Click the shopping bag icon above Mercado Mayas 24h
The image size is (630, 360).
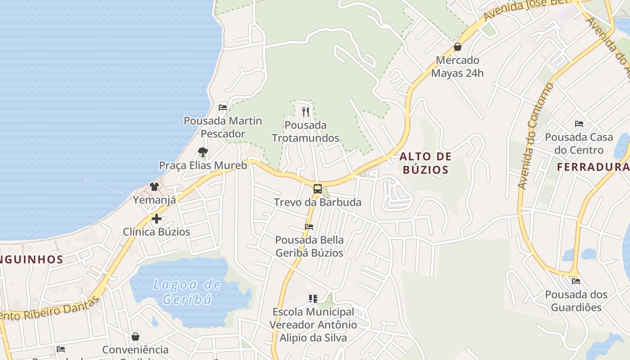458,47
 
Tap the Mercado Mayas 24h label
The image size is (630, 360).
458,67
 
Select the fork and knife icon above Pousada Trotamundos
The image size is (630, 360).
306,112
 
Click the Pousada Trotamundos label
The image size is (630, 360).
306,131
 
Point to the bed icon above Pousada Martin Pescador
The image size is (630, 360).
223,108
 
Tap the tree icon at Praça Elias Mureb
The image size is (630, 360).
203,152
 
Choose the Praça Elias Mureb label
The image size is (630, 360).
203,166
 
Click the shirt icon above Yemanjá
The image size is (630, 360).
154,187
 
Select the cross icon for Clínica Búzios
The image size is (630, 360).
157,219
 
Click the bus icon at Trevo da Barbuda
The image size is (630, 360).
318,189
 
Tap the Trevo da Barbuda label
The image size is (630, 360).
318,202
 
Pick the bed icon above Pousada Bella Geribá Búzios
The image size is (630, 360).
309,227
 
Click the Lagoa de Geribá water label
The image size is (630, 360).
187,292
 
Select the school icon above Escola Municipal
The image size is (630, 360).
313,298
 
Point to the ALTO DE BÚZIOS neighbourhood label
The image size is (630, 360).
425,163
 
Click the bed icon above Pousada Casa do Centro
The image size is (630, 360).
579,124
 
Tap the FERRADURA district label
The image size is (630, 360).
593,167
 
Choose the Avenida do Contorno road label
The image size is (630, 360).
535,135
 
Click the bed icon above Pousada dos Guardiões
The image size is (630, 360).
576,281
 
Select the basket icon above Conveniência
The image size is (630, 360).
135,337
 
